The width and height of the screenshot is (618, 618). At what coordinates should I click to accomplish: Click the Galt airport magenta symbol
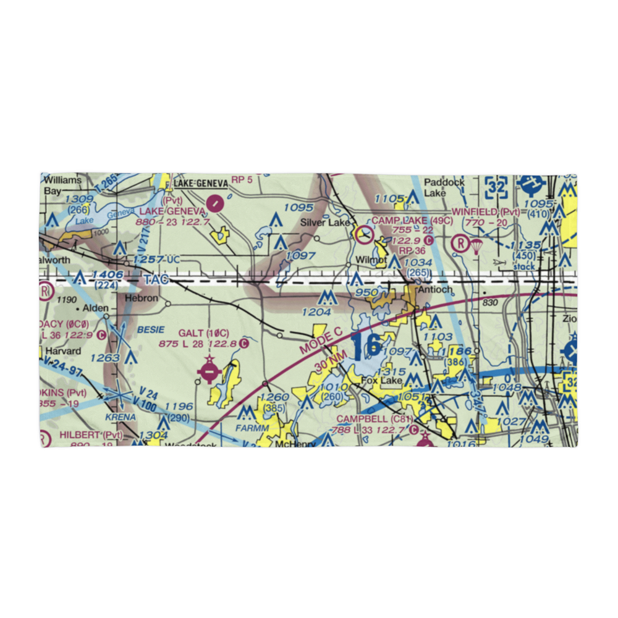point(209,372)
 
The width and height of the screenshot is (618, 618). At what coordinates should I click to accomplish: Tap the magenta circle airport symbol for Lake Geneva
point(215,201)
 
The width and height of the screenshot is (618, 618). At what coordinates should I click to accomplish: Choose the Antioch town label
point(435,290)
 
